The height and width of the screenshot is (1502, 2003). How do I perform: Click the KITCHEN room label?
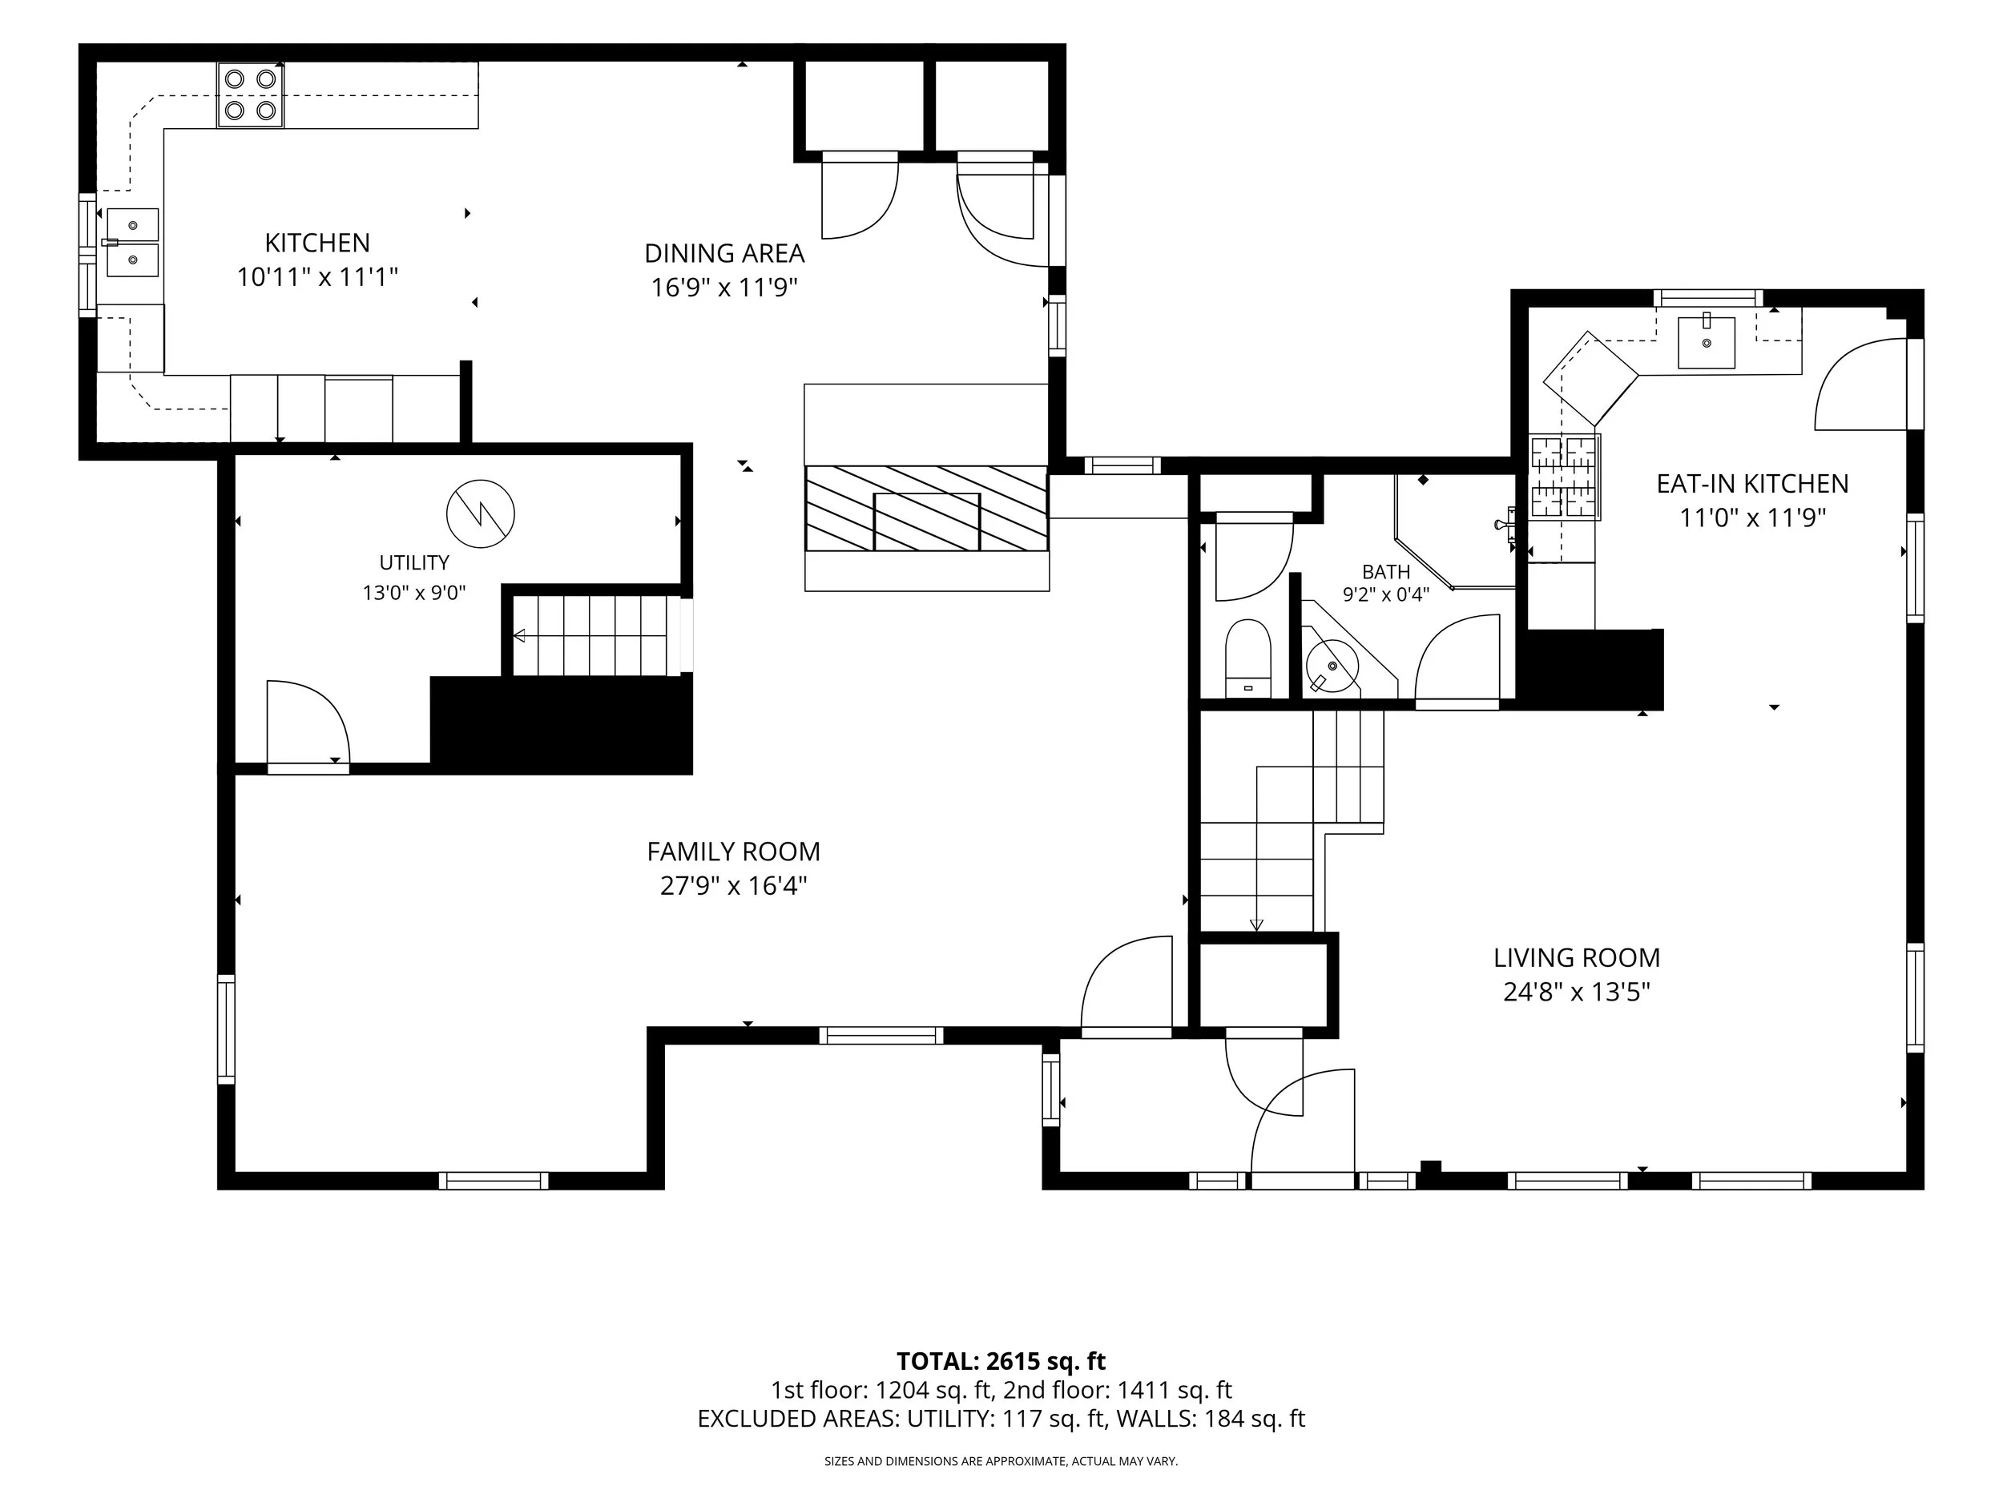pyautogui.click(x=317, y=243)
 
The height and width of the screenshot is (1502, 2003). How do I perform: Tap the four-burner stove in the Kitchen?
pyautogui.click(x=250, y=95)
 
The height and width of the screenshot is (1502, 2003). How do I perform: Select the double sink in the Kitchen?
pyautogui.click(x=132, y=242)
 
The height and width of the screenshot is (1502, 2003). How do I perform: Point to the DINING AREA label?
pyautogui.click(x=724, y=253)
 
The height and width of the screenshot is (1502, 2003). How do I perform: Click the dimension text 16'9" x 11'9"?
pyautogui.click(x=724, y=288)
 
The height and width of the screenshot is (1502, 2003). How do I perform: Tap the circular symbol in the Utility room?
pyautogui.click(x=481, y=513)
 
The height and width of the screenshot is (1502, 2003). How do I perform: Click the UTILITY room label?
pyautogui.click(x=414, y=563)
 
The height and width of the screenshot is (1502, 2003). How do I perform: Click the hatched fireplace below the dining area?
pyautogui.click(x=926, y=508)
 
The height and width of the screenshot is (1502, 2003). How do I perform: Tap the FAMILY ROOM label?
pyautogui.click(x=733, y=852)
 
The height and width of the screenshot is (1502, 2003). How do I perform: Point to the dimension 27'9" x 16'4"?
pyautogui.click(x=733, y=885)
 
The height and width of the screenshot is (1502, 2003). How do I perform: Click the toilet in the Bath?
pyautogui.click(x=1247, y=658)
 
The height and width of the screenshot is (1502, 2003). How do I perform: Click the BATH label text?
pyautogui.click(x=1386, y=572)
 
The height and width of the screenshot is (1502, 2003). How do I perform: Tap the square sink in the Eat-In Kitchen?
pyautogui.click(x=1707, y=343)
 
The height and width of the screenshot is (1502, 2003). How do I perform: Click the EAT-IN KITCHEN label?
pyautogui.click(x=1752, y=485)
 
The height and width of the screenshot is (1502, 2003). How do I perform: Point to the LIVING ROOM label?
pyautogui.click(x=1577, y=958)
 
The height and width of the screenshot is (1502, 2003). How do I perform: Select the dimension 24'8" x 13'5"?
pyautogui.click(x=1577, y=993)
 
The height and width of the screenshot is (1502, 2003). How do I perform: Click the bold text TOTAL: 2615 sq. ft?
pyautogui.click(x=1001, y=1362)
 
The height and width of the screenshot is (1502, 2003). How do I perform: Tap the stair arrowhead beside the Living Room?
pyautogui.click(x=1256, y=924)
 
